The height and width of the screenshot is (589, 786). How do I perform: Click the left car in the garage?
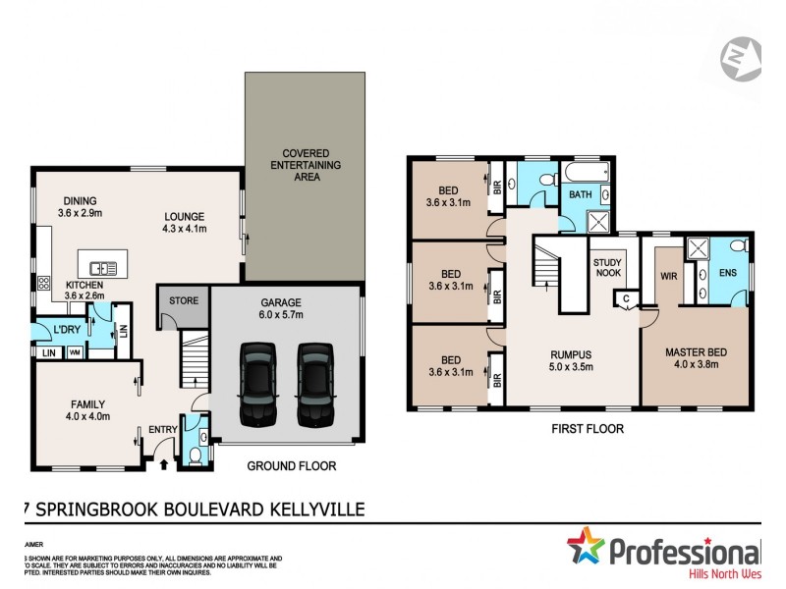coord(258,381)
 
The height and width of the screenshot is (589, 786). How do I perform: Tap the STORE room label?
coord(184,301)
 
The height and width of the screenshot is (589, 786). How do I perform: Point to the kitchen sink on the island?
coord(102,267)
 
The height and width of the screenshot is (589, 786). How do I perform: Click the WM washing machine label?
coord(75,352)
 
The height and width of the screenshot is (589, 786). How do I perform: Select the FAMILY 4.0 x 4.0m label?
coord(86,410)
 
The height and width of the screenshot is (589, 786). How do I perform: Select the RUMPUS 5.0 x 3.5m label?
coord(572,362)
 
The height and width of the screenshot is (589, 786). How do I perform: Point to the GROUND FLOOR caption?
coord(291,465)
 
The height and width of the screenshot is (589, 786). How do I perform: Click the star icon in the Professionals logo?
coord(587,547)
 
